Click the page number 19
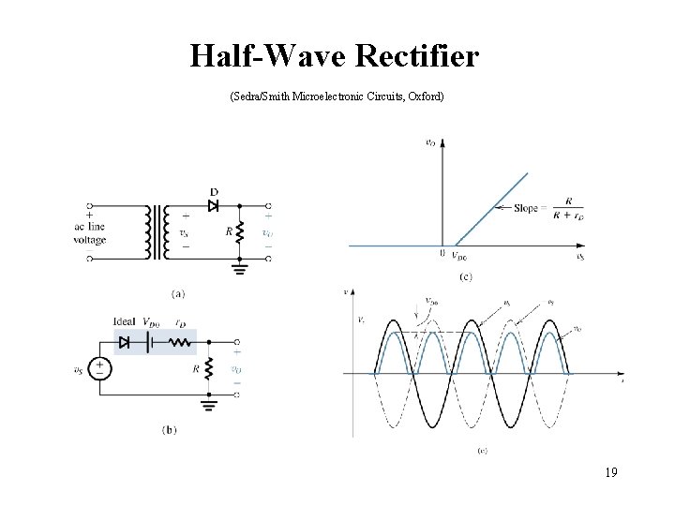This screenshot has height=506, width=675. pos(609,471)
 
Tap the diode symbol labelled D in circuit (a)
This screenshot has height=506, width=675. pos(213,205)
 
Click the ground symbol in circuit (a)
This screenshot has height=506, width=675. pos(240,269)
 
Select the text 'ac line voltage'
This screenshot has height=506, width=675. pos(90,232)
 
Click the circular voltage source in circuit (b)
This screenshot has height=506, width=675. pos(100,369)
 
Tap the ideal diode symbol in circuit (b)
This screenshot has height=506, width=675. pos(125,343)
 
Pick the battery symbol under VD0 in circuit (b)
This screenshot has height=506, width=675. pos(149,343)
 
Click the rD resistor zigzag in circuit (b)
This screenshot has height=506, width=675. pos(180,343)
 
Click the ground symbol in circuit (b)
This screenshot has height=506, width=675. pos(208,406)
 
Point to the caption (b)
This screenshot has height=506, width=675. pos(169,430)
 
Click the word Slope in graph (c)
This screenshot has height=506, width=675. pos(526,208)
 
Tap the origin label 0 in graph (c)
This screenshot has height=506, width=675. pos(442,254)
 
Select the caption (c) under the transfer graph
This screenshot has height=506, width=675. pos(466,276)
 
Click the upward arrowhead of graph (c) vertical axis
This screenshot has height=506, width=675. pos(442,142)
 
